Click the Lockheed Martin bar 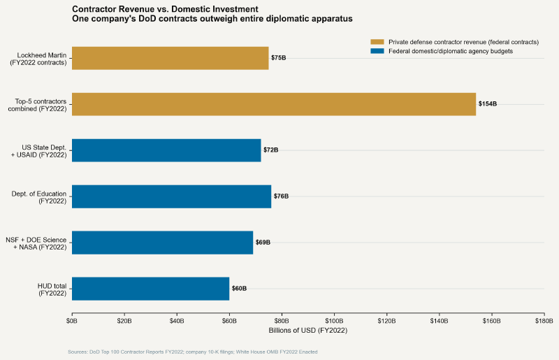point(170,58)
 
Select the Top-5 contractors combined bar point(274,104)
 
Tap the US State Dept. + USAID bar point(166,150)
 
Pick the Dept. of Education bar point(171,196)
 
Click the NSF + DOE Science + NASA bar point(162,243)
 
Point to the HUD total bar point(150,289)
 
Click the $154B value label point(488,104)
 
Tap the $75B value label point(279,58)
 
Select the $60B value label point(239,289)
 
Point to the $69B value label point(263,243)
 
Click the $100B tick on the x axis point(334,320)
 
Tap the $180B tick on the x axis point(544,320)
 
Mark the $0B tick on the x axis point(72,320)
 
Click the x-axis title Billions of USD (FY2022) point(307,330)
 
